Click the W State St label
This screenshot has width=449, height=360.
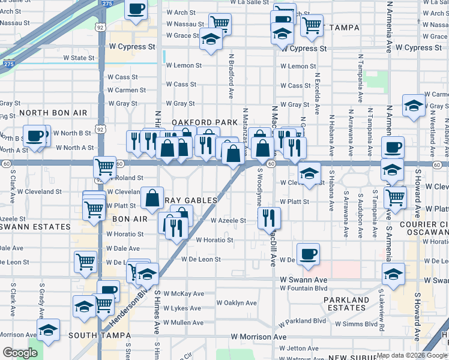[x=84, y=58]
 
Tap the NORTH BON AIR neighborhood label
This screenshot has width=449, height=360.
[x=53, y=113]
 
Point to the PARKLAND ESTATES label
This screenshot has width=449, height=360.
[x=346, y=304]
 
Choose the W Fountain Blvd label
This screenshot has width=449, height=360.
[x=303, y=288]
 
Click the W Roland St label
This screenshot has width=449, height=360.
[x=125, y=178]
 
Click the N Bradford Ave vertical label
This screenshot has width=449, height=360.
[x=231, y=77]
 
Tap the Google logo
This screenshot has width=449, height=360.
[x=20, y=352]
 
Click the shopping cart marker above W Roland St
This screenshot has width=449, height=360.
[x=105, y=166]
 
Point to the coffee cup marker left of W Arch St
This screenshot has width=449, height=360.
[x=136, y=10]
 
